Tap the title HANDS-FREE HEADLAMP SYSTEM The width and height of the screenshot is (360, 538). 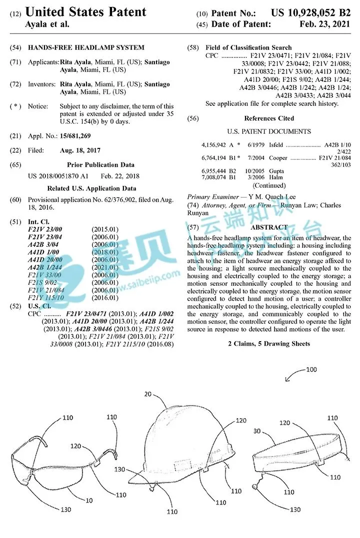pos(86,48)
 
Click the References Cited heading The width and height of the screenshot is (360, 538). pos(269,118)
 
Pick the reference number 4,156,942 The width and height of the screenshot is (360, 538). pos(214,145)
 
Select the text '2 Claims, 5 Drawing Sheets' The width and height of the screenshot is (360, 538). pos(269,344)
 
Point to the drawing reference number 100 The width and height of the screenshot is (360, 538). pos(311,370)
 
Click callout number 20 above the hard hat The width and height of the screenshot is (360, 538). pos(148,394)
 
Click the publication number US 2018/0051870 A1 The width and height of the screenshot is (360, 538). pos(58,176)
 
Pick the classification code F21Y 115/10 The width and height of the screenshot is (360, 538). pos(46,298)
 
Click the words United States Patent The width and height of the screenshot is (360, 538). pos(85,12)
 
